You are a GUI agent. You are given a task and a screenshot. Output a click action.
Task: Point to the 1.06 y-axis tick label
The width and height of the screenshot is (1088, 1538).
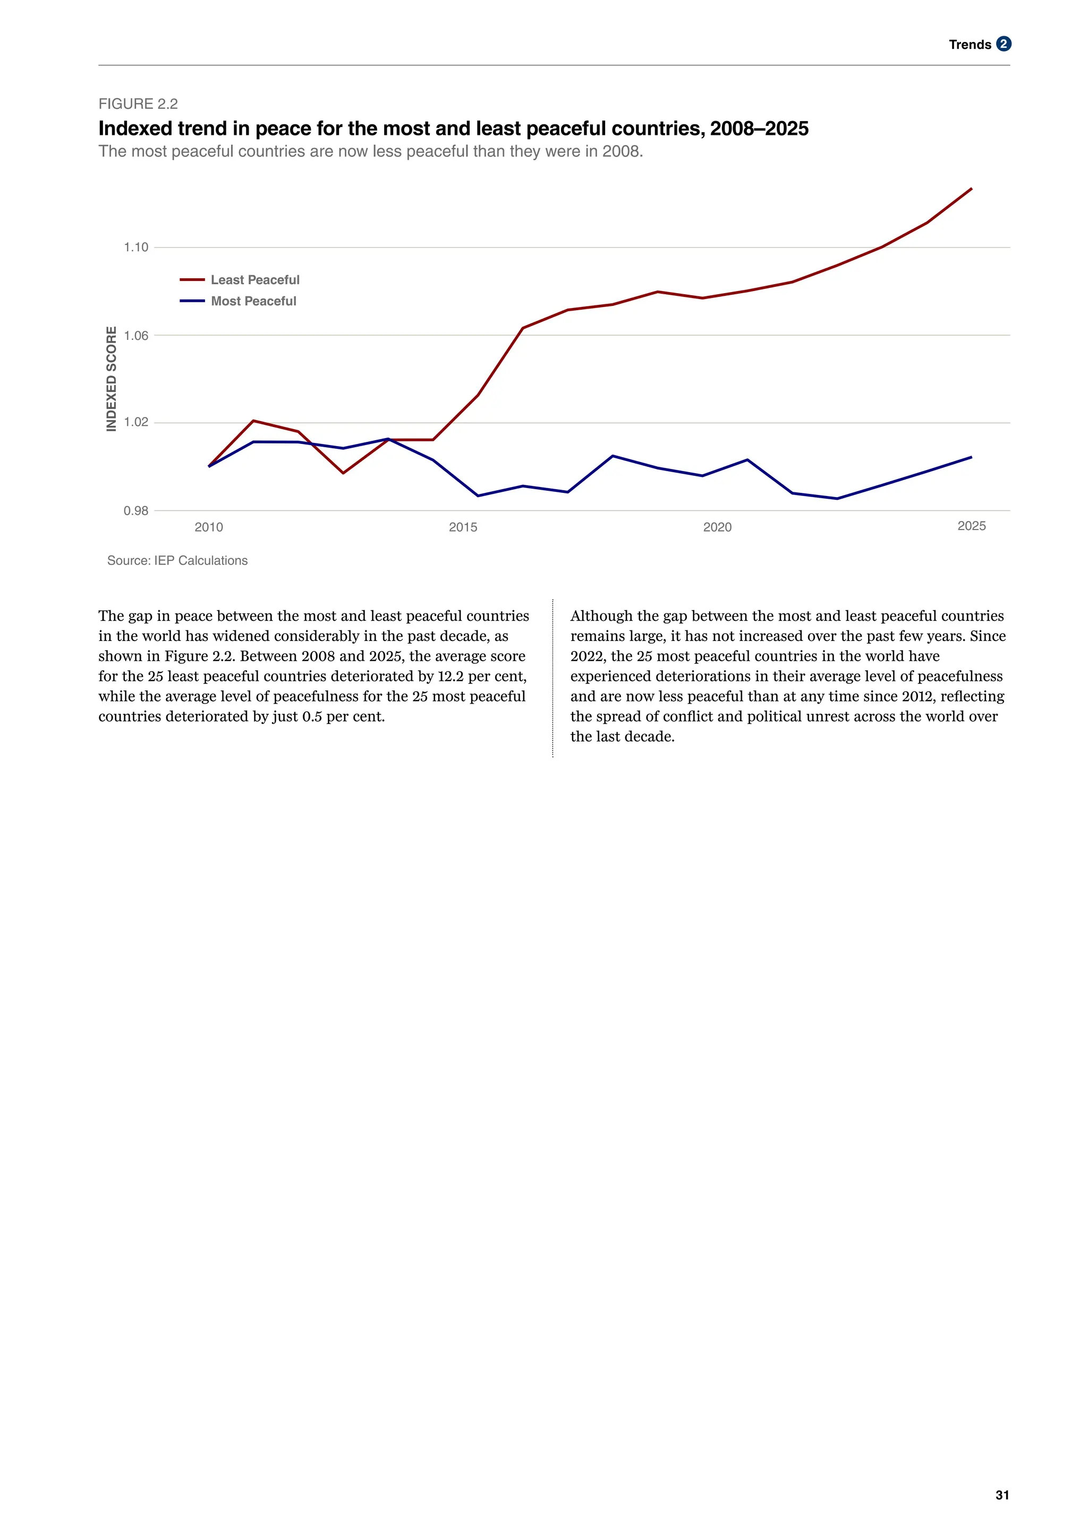(136, 336)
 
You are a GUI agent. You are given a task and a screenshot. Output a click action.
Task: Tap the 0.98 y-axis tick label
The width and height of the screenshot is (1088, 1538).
(136, 511)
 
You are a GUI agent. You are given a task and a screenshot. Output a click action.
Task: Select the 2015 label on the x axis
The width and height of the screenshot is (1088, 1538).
(463, 527)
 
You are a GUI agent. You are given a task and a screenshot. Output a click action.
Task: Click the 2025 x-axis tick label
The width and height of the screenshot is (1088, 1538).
(972, 526)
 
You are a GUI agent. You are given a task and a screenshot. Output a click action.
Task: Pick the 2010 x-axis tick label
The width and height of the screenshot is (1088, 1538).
(209, 527)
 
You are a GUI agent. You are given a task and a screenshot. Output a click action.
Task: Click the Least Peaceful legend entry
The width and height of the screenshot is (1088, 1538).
(254, 280)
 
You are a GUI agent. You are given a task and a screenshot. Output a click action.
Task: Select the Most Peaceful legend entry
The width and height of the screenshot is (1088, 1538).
(253, 302)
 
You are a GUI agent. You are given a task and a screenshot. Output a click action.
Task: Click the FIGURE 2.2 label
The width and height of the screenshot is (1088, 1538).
(138, 104)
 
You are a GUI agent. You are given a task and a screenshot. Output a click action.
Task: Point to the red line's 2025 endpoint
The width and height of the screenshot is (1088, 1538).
(972, 189)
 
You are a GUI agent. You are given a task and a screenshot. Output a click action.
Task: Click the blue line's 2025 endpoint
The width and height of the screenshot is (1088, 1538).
(972, 457)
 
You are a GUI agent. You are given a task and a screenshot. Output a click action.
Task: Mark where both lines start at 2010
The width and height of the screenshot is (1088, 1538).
(209, 466)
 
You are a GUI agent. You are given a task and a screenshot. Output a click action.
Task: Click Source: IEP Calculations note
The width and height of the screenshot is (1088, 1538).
(177, 561)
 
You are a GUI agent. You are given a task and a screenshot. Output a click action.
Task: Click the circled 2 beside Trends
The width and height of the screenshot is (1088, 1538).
(1003, 44)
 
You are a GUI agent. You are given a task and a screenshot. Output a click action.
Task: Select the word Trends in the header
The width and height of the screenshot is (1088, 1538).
(970, 45)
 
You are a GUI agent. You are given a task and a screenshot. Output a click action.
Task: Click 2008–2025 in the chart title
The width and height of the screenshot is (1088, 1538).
(759, 129)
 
